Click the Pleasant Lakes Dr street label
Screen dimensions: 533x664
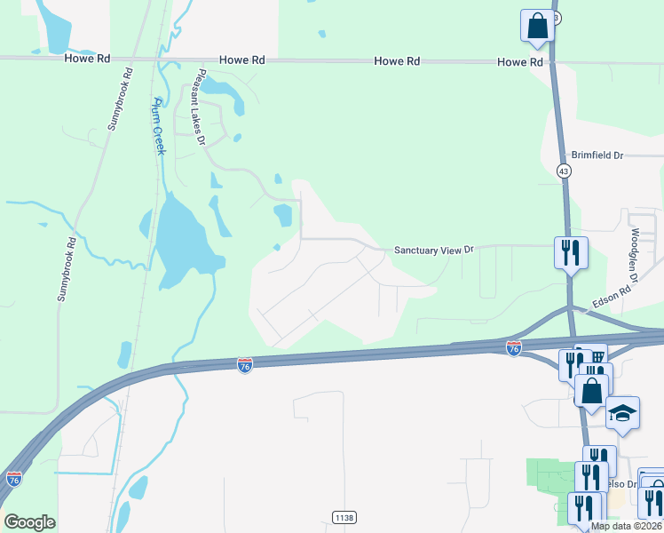(x=202, y=107)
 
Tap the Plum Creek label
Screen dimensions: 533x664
(x=160, y=125)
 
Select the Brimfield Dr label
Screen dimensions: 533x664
(x=597, y=155)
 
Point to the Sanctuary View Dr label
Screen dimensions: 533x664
(x=429, y=251)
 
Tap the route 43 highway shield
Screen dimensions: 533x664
(x=565, y=171)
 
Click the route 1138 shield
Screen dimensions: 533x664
(x=344, y=517)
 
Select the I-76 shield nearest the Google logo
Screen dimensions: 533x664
(x=13, y=479)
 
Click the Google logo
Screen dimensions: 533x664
(x=29, y=522)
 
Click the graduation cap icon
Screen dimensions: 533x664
(x=622, y=413)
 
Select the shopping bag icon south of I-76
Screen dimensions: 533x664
(x=592, y=390)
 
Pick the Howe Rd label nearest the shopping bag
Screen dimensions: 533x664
(x=519, y=62)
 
